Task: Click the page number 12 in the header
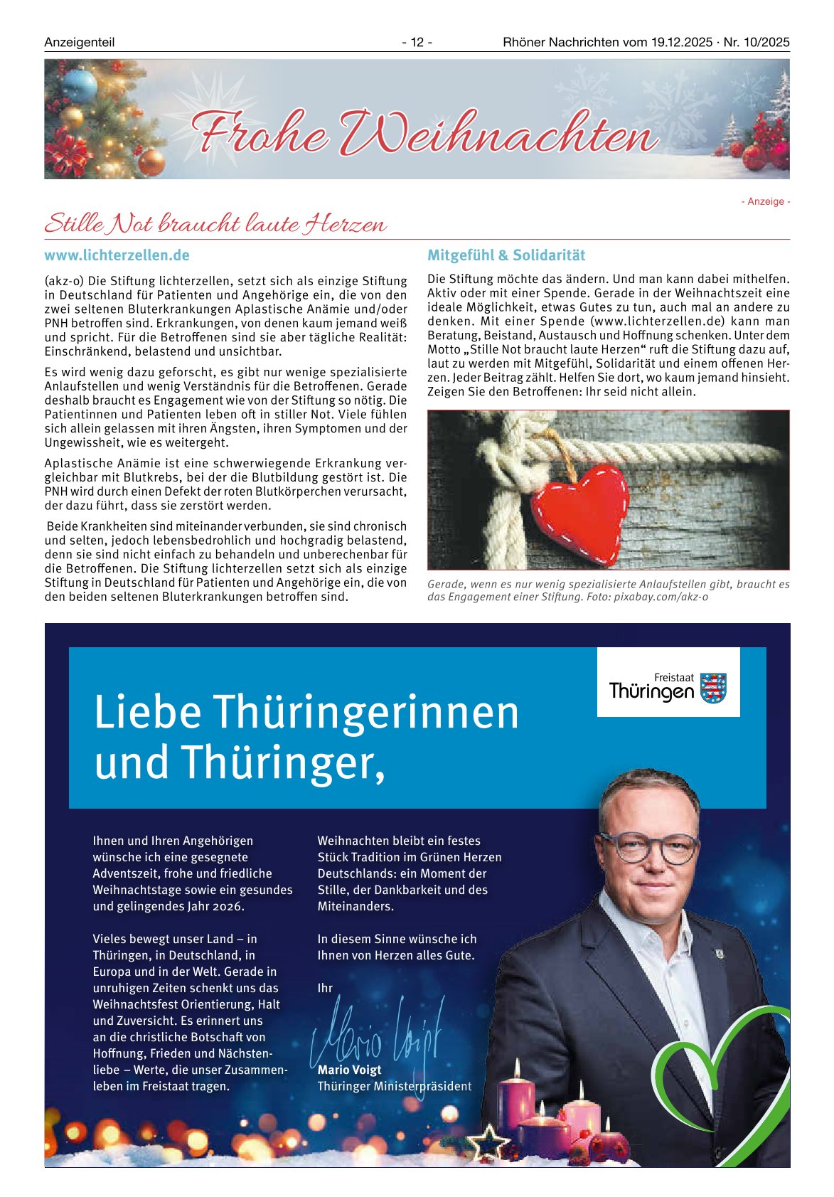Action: pos(417,43)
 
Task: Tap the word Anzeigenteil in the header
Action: pos(79,43)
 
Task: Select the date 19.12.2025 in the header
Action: pos(681,43)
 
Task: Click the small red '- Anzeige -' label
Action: pos(766,202)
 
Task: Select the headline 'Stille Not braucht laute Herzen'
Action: pos(215,224)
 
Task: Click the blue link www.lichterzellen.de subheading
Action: pos(117,255)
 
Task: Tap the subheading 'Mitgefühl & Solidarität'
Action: pos(506,255)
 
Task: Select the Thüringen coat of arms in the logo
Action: pos(713,688)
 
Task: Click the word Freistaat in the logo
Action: pos(673,678)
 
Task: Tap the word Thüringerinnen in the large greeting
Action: pos(366,712)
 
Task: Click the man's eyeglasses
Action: pos(648,847)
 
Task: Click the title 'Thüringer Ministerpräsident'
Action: pos(394,1086)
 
